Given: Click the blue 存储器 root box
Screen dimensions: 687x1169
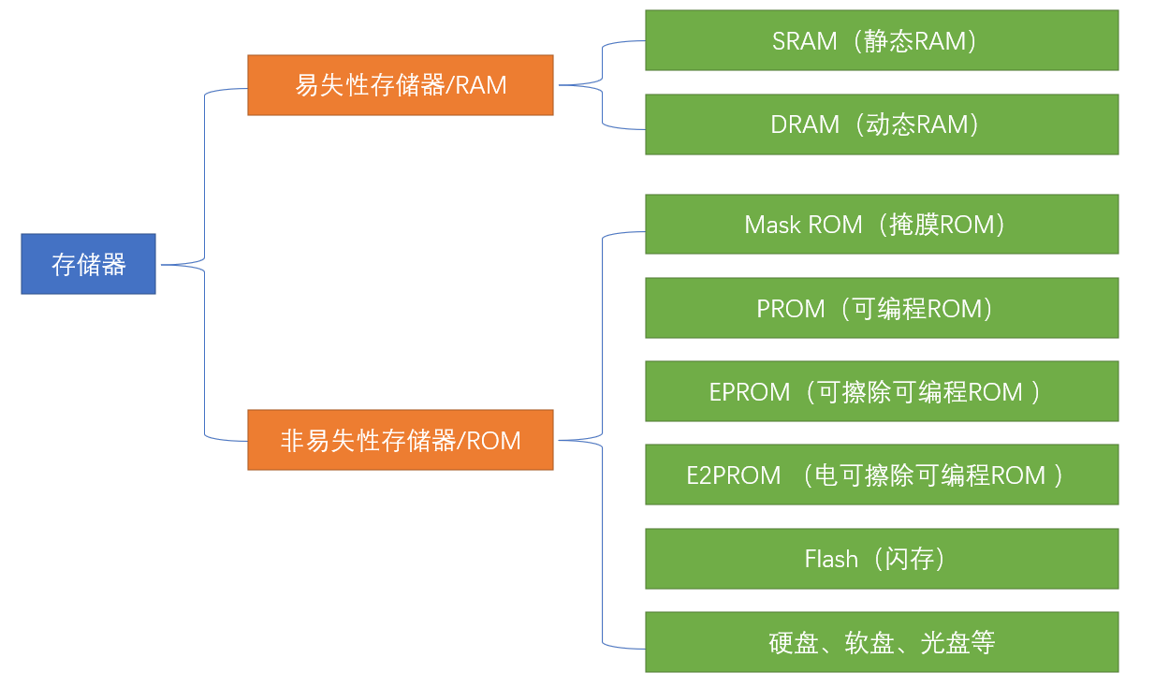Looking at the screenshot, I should [x=88, y=264].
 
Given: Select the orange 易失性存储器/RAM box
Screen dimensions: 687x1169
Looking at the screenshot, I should [x=400, y=85].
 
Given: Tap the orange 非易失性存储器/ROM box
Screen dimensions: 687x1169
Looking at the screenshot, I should [x=400, y=440].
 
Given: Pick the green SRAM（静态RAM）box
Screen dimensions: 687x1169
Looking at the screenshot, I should [x=881, y=40].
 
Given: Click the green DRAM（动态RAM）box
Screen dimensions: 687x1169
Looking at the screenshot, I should [x=881, y=124].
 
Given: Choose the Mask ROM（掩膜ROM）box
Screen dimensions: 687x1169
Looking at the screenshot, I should [x=881, y=225].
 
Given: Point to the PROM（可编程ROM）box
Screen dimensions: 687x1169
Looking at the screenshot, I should [x=881, y=308].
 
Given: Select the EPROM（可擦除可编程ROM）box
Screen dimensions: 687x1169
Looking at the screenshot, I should [x=881, y=391].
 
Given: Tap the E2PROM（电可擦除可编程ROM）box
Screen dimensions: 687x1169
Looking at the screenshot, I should [x=881, y=475].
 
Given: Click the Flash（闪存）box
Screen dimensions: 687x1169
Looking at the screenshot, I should [x=881, y=559].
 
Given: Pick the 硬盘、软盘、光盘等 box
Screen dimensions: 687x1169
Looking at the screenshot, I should [x=881, y=642].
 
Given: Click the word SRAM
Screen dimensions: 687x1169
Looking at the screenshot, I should [x=804, y=41].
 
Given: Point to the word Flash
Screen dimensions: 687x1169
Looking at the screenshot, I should [x=831, y=560].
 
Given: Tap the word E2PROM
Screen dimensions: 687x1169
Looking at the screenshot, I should [x=734, y=475].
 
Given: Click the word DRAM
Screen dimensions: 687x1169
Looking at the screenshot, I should [x=805, y=125].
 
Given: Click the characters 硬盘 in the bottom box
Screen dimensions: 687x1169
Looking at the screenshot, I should [x=794, y=643].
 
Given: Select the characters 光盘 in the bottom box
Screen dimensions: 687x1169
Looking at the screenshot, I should [x=945, y=643].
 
